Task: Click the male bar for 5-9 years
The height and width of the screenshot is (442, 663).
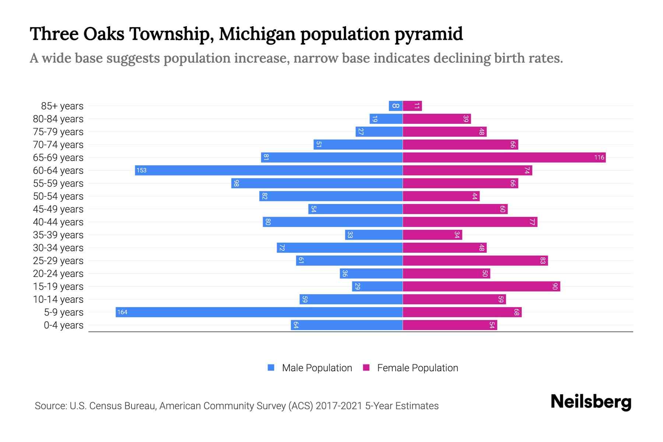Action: click(259, 312)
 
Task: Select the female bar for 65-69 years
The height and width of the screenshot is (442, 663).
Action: click(504, 158)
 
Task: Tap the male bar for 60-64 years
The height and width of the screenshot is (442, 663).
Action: click(269, 171)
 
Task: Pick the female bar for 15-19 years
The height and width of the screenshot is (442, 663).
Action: click(481, 287)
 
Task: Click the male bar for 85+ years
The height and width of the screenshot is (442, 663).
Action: click(396, 106)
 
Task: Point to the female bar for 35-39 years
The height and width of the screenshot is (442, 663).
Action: click(432, 235)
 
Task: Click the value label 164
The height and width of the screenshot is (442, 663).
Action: click(122, 312)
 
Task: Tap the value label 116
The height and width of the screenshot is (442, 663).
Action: click(599, 158)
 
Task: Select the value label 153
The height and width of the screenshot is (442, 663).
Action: click(141, 171)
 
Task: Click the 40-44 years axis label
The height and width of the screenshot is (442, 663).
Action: click(58, 222)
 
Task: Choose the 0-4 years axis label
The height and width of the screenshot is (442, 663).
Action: click(63, 325)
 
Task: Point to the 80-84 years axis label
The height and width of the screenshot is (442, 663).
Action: click(58, 119)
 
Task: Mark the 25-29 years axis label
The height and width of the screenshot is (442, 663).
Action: click(58, 261)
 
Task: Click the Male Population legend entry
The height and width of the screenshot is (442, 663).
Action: click(317, 368)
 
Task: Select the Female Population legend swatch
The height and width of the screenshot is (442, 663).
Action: click(366, 368)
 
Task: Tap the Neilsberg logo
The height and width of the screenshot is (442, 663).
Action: click(591, 402)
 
